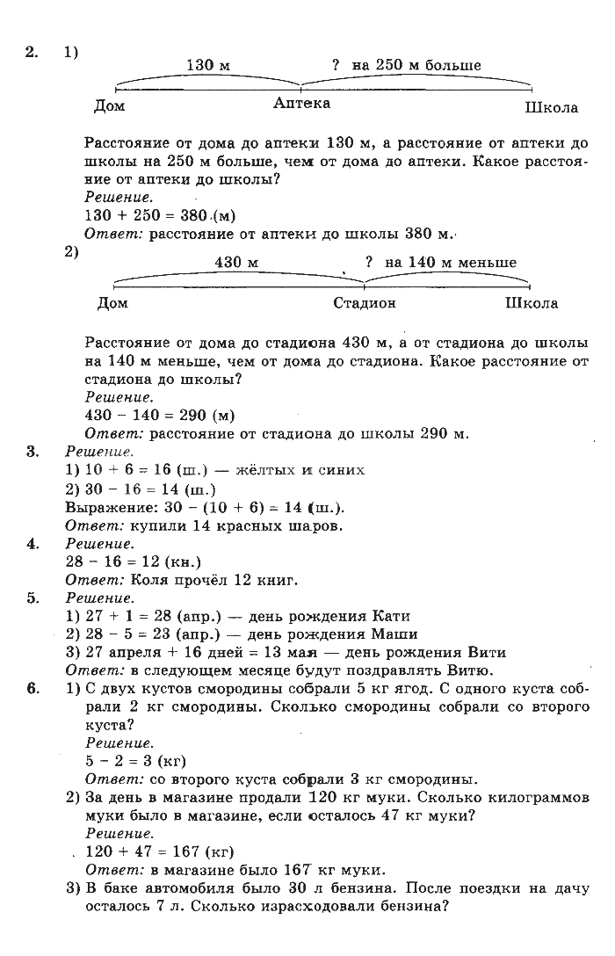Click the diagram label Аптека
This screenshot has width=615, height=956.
pyautogui.click(x=301, y=104)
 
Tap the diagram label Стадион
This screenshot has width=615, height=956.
pyautogui.click(x=365, y=303)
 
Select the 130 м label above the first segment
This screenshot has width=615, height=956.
pyautogui.click(x=208, y=66)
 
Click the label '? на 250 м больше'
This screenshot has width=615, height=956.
pyautogui.click(x=406, y=66)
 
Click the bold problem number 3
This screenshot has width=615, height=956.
pyautogui.click(x=33, y=452)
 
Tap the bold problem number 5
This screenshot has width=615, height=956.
pyautogui.click(x=33, y=597)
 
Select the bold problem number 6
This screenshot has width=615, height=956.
pyautogui.click(x=33, y=688)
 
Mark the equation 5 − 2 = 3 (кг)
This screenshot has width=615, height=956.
pyautogui.click(x=135, y=760)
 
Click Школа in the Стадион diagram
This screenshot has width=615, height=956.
pyautogui.click(x=532, y=303)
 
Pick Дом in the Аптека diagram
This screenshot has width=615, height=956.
pyautogui.click(x=109, y=107)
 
